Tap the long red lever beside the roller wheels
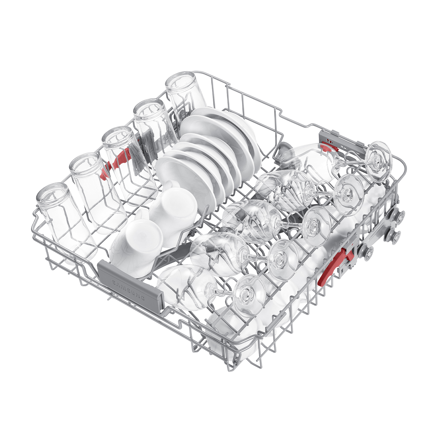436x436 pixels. pyautogui.click(x=336, y=266)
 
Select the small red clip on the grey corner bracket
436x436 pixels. pyautogui.click(x=329, y=146)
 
